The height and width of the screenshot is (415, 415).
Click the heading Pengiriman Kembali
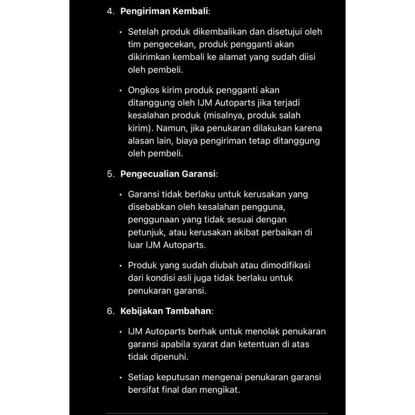pos(164,11)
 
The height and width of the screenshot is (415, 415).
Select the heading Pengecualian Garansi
pos(168,174)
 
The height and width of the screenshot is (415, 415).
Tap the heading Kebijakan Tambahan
pos(166,311)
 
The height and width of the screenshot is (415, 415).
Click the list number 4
pos(110,11)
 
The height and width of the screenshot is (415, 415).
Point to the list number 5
pos(110,174)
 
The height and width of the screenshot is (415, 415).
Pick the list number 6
pos(110,311)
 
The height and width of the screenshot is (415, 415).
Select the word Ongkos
pos(144,90)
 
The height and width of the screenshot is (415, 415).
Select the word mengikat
pos(221,390)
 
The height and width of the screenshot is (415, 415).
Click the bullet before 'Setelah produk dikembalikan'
pos(120,32)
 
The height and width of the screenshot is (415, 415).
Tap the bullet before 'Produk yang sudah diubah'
pos(120,266)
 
